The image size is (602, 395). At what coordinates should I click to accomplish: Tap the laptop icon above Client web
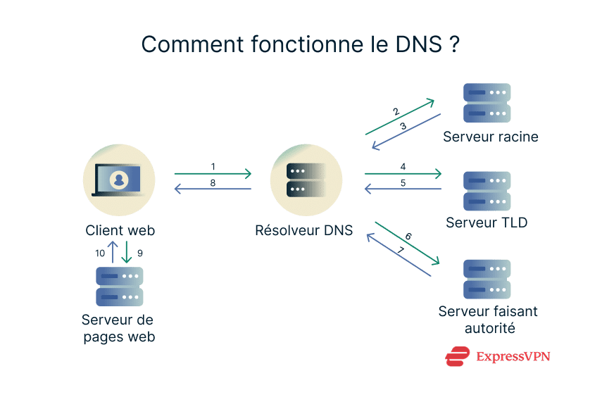[119, 180]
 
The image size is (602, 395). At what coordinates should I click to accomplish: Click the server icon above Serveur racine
[487, 103]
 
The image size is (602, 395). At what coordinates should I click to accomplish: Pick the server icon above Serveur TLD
[487, 191]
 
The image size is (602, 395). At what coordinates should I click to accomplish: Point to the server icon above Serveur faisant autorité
[487, 280]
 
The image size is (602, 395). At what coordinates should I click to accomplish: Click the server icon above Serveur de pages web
[119, 286]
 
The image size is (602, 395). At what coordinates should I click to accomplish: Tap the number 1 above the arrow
[213, 167]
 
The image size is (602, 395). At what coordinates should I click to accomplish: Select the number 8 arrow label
[213, 182]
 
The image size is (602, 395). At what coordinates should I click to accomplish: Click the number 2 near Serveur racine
[396, 112]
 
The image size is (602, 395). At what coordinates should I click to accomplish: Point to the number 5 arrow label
[403, 182]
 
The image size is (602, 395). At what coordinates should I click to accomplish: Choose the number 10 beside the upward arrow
[99, 252]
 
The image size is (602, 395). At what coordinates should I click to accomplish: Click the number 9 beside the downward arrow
[139, 252]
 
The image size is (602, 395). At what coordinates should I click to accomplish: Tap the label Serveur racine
[490, 137]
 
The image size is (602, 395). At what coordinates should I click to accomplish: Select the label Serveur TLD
[487, 223]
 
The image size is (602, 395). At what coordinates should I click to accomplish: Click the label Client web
[120, 230]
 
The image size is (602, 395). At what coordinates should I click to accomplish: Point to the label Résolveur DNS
[303, 230]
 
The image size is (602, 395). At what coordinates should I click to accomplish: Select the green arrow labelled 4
[402, 173]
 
